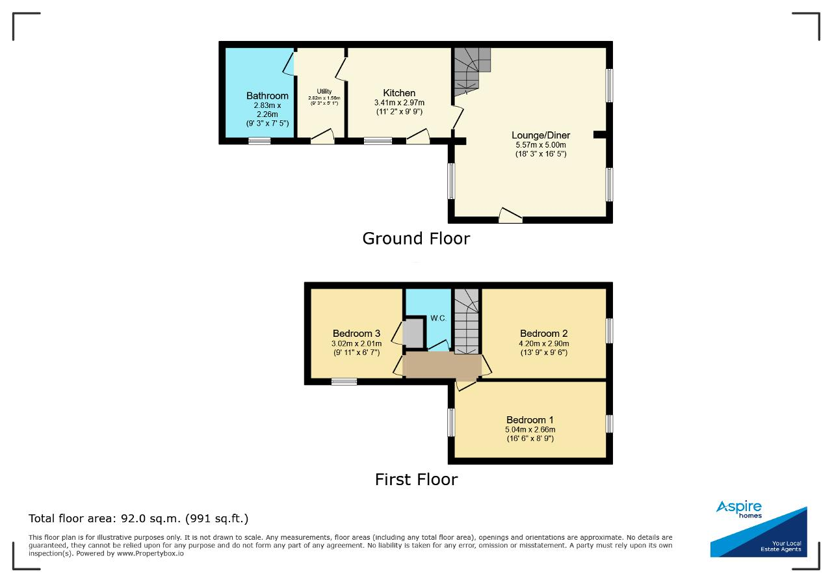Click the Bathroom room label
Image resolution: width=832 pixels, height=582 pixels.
click(267, 96)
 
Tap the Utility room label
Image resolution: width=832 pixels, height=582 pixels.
click(324, 92)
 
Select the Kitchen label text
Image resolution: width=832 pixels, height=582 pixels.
click(399, 93)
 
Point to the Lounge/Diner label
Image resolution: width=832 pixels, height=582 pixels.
click(541, 135)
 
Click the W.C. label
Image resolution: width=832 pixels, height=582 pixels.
click(438, 318)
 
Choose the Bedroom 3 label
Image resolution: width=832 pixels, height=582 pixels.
click(357, 334)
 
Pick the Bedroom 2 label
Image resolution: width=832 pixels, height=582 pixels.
click(544, 334)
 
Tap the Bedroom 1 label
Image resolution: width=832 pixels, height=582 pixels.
click(530, 419)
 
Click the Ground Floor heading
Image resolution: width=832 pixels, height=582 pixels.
click(416, 239)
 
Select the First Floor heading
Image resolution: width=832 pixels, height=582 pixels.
click(417, 479)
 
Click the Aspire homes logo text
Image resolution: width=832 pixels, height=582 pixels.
click(739, 509)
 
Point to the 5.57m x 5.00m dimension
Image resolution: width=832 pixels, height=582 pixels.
click(541, 145)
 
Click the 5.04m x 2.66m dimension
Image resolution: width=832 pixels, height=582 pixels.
click(530, 429)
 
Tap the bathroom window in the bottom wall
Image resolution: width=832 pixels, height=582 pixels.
click(259, 141)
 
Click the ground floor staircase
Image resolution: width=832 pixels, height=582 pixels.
click(472, 72)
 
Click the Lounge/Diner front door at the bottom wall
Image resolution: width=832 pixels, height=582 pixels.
click(510, 217)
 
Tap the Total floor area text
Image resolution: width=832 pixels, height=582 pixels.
click(138, 518)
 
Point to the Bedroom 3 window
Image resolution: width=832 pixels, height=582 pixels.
click(344, 382)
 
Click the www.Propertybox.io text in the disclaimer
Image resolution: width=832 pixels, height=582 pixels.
click(150, 553)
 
